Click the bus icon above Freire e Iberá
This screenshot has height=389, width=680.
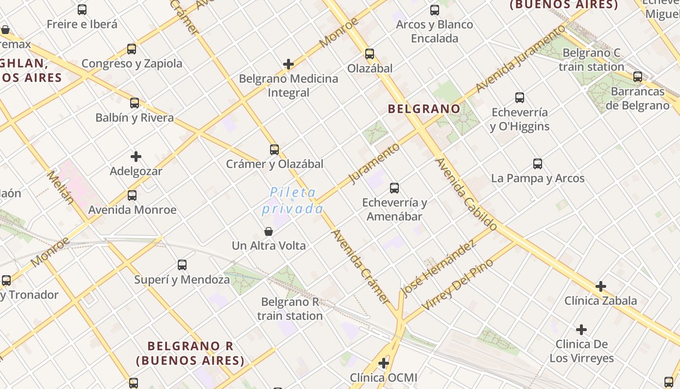[82, 9]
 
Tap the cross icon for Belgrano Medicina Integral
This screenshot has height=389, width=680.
[289, 64]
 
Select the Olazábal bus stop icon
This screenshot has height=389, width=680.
[370, 53]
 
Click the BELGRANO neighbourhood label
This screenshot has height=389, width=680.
[424, 109]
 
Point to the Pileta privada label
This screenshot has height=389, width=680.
[293, 200]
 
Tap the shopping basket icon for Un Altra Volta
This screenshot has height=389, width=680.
[268, 231]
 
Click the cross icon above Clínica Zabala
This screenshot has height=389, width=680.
[601, 286]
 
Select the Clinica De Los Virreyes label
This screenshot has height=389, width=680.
[581, 351]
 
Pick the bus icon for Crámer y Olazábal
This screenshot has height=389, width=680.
[274, 149]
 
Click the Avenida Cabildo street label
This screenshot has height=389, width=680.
[466, 194]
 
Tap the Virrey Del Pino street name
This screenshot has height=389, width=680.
[458, 284]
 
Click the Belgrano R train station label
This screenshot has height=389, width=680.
[290, 309]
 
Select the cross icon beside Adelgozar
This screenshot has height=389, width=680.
[136, 157]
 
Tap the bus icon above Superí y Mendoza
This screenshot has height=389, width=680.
[182, 265]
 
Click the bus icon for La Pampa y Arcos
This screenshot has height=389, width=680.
[538, 163]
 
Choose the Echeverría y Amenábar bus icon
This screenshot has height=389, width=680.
[394, 188]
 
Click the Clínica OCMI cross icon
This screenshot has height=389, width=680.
[384, 363]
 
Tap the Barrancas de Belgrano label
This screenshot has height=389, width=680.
[637, 98]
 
